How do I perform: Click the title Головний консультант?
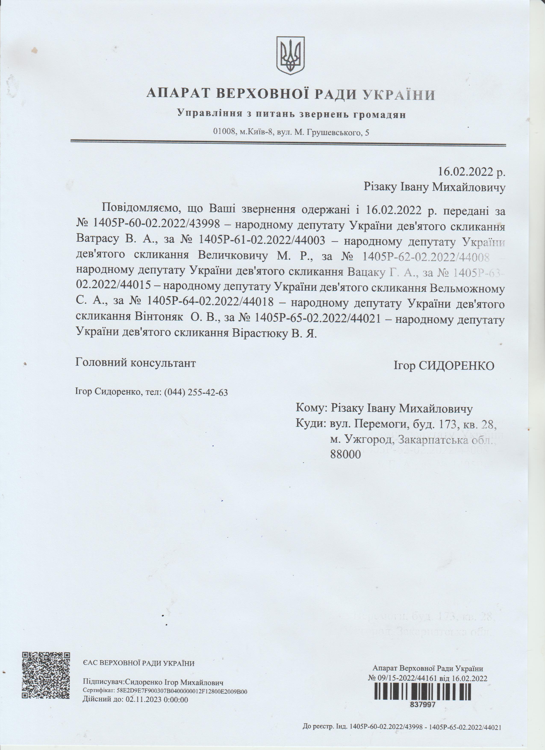pos(136,363)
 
